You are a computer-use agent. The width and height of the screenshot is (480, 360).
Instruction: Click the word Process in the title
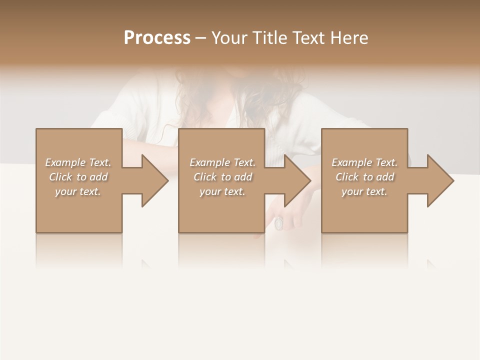[x=157, y=38]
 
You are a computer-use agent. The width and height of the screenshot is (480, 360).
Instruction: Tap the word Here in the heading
[x=349, y=38]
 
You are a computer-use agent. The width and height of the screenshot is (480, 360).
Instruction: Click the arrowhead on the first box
[x=153, y=180]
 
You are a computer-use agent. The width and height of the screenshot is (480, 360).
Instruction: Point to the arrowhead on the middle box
[x=296, y=180]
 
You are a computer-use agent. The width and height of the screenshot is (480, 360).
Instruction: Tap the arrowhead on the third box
[x=438, y=180]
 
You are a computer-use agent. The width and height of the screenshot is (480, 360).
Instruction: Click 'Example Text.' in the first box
[x=78, y=162]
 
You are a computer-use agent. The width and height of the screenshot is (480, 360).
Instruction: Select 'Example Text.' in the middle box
[x=222, y=162]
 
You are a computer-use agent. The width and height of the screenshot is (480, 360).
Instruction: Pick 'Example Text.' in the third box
[x=364, y=162]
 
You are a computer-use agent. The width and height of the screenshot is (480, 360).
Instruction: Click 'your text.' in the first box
[x=78, y=191]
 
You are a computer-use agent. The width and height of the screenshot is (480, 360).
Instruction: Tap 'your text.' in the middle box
[x=222, y=191]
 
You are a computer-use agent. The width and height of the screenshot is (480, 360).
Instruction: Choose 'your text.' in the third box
[x=364, y=191]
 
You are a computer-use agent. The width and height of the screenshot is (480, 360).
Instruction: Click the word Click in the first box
[x=61, y=177]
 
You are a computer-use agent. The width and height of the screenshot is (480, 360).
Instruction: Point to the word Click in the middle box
[x=205, y=177]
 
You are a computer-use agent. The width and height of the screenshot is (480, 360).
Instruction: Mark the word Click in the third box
[x=347, y=177]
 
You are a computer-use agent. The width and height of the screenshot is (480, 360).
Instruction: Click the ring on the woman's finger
[x=279, y=223]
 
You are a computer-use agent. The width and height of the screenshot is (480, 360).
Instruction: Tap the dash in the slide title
[x=201, y=38]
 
